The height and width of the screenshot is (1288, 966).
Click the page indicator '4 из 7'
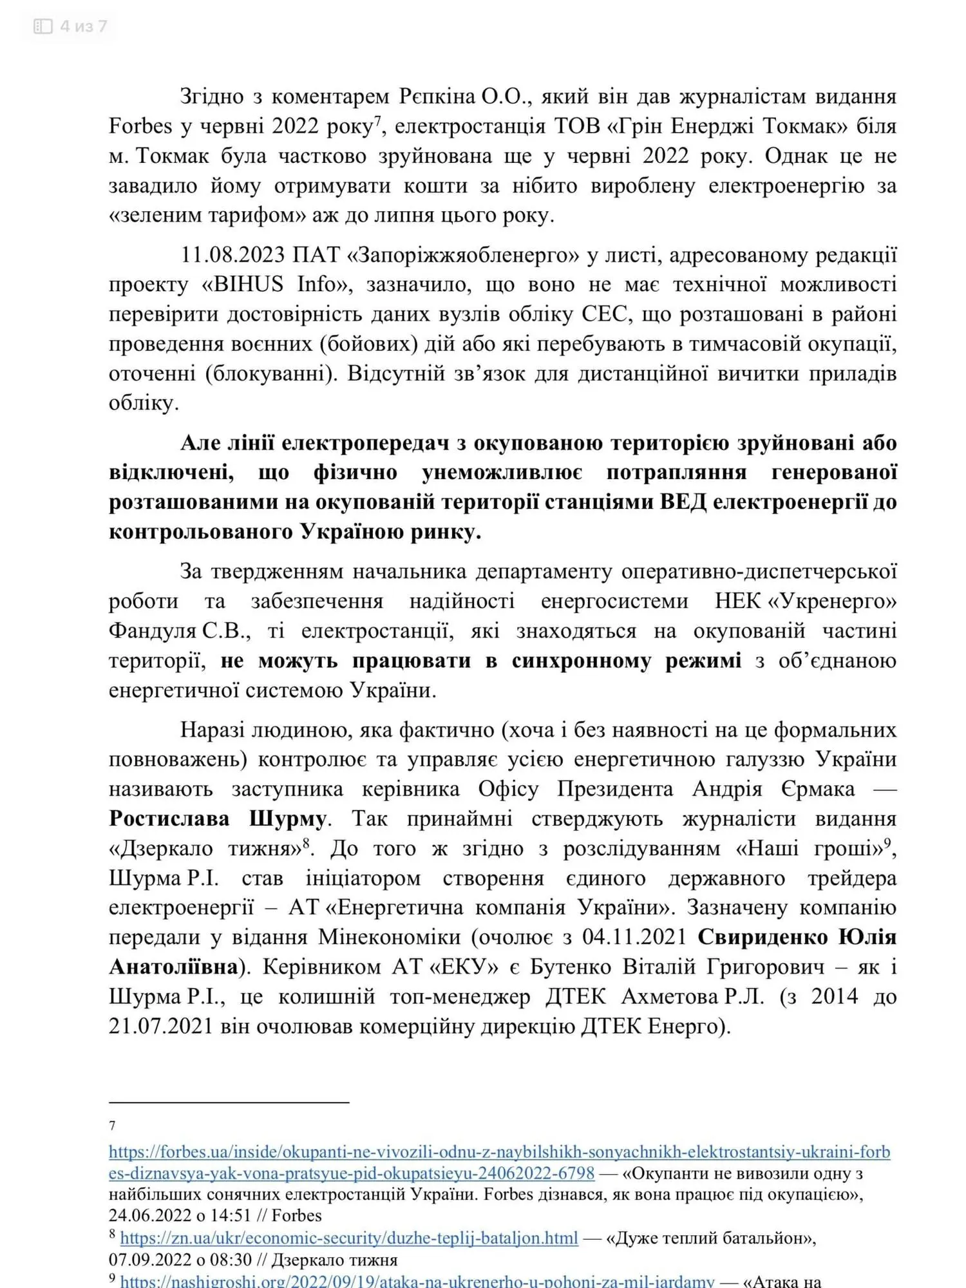(x=83, y=26)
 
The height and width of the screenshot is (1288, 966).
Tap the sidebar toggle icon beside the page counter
(x=43, y=26)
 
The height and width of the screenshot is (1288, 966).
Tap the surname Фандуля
(x=152, y=631)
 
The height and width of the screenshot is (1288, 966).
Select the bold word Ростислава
(x=169, y=819)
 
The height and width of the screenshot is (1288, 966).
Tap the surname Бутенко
(x=571, y=967)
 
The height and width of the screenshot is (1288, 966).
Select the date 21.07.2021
(x=161, y=1027)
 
